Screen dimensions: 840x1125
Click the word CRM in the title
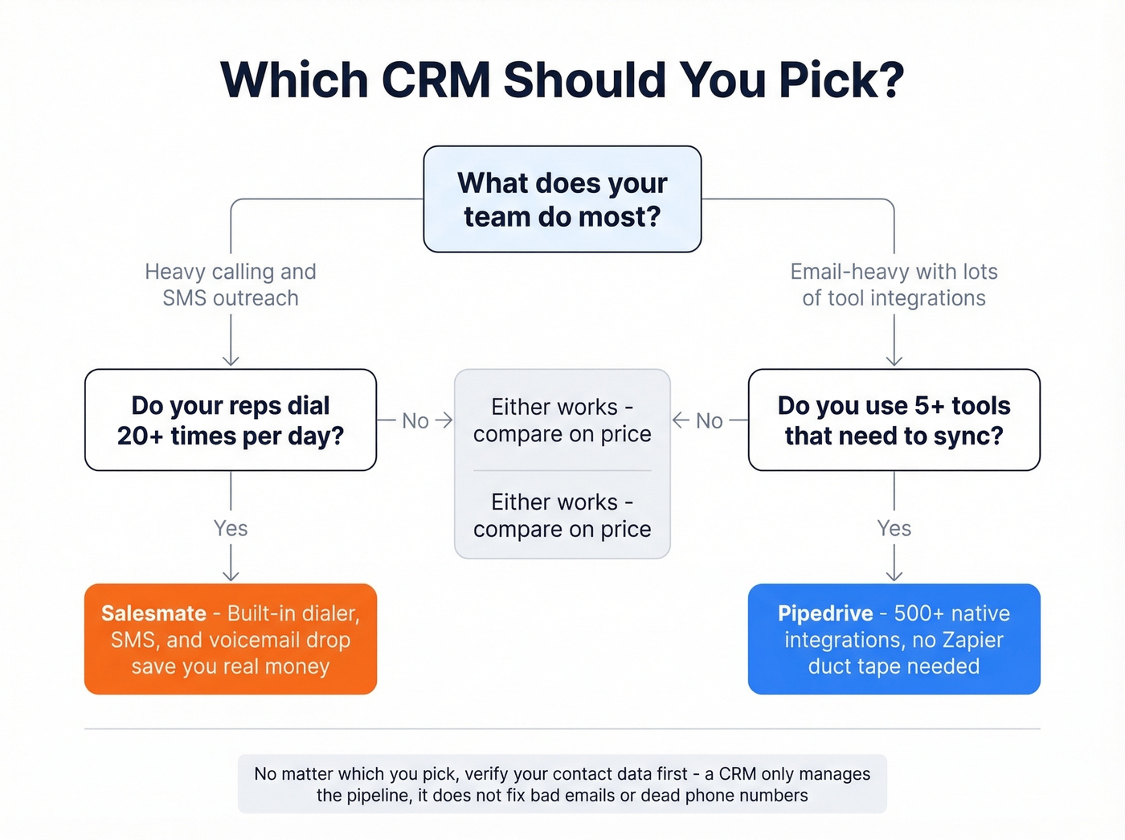pos(436,80)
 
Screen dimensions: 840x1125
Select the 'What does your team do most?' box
pos(562,199)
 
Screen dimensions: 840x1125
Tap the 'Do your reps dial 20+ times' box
pos(231,420)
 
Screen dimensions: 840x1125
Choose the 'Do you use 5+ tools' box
pos(894,420)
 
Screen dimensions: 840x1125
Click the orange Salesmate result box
pos(231,639)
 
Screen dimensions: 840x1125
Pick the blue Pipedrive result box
pos(894,639)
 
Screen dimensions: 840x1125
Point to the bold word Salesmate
pos(153,613)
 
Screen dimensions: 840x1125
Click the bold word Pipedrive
pos(825,613)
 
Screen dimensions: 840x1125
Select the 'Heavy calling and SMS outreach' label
pos(231,285)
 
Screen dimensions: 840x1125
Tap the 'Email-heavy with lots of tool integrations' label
pos(894,285)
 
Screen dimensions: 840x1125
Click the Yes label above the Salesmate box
pos(231,528)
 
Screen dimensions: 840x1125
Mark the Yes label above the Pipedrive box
pos(894,528)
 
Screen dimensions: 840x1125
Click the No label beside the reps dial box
pos(415,420)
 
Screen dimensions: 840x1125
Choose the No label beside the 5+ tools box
pos(709,420)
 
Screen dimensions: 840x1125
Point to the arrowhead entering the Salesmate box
pos(231,576)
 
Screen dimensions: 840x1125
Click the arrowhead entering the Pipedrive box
pos(894,576)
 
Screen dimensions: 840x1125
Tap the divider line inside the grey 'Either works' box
pos(562,470)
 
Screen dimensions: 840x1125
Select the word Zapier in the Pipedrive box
pos(972,640)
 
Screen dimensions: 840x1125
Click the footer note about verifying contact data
pos(562,784)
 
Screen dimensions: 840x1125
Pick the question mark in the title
pos(889,80)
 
